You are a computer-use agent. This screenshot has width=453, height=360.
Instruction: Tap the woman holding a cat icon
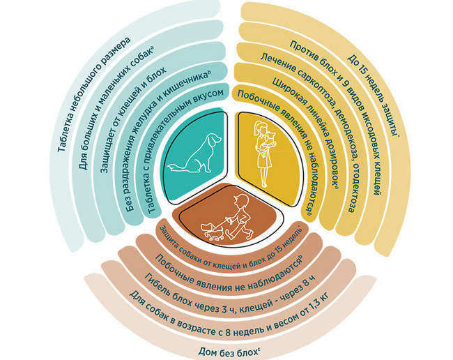click(x=264, y=153)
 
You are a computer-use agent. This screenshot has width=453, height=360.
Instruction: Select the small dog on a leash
click(x=212, y=230)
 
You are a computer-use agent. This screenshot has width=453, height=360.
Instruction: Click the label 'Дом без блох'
click(x=228, y=352)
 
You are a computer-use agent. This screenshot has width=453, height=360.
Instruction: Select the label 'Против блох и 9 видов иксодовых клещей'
click(x=338, y=116)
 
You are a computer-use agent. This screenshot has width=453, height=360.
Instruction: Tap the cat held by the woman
click(x=271, y=139)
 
